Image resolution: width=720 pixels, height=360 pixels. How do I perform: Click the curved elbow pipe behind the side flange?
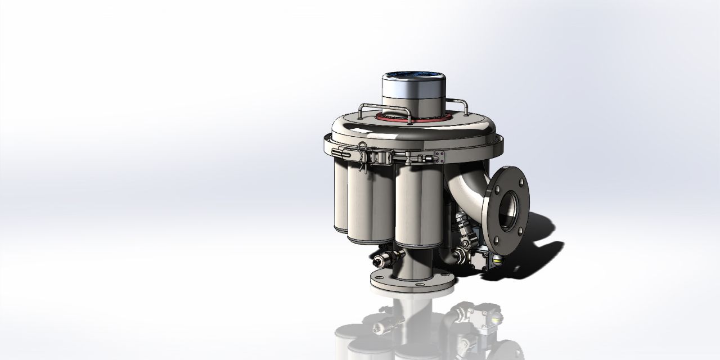(x=467, y=188)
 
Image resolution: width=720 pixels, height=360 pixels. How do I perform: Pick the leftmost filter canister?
(x=340, y=197)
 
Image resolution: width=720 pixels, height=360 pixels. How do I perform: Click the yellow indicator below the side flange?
(x=497, y=260)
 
